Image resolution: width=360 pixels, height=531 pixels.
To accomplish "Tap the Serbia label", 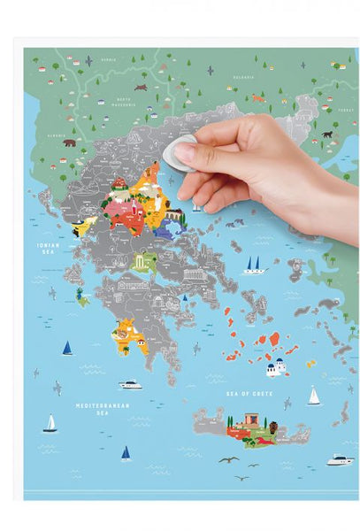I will tap(109, 59).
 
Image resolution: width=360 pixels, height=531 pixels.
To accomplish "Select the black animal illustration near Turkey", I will tap(327, 135).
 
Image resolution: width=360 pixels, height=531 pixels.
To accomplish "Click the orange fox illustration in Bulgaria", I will tap(257, 98).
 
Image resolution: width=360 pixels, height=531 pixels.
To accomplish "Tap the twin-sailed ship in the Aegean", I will tap(255, 265).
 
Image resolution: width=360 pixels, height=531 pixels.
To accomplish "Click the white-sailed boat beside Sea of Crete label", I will tap(313, 396).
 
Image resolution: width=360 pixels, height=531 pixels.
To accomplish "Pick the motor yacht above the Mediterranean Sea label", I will tap(131, 384).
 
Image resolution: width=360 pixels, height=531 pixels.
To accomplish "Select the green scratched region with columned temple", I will tap(143, 261).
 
